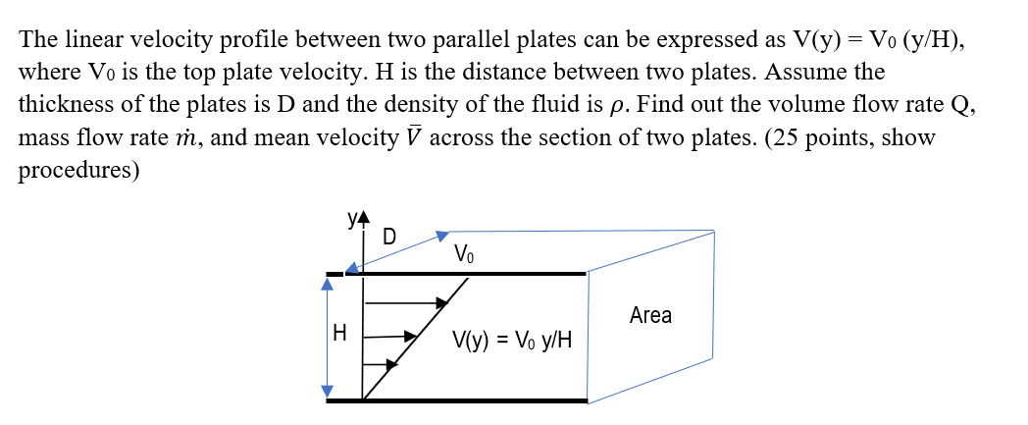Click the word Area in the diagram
click(650, 315)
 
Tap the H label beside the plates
click(340, 334)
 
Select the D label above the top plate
click(389, 238)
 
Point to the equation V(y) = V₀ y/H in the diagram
click(511, 342)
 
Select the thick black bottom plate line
click(490, 400)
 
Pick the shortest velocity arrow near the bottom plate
click(381, 365)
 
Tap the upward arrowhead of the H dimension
click(330, 284)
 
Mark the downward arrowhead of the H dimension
click(330, 392)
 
